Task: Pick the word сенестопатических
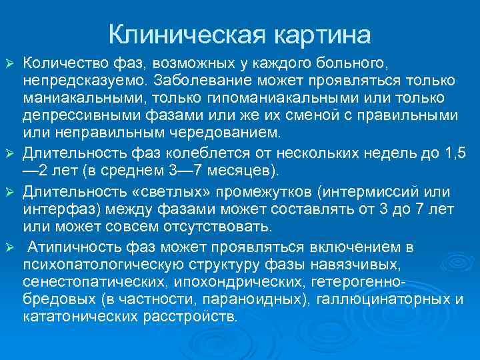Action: coord(91,281)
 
